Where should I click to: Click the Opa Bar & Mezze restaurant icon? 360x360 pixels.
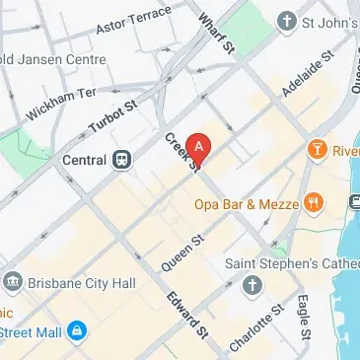(315, 204)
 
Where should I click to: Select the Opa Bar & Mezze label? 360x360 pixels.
(245, 204)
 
